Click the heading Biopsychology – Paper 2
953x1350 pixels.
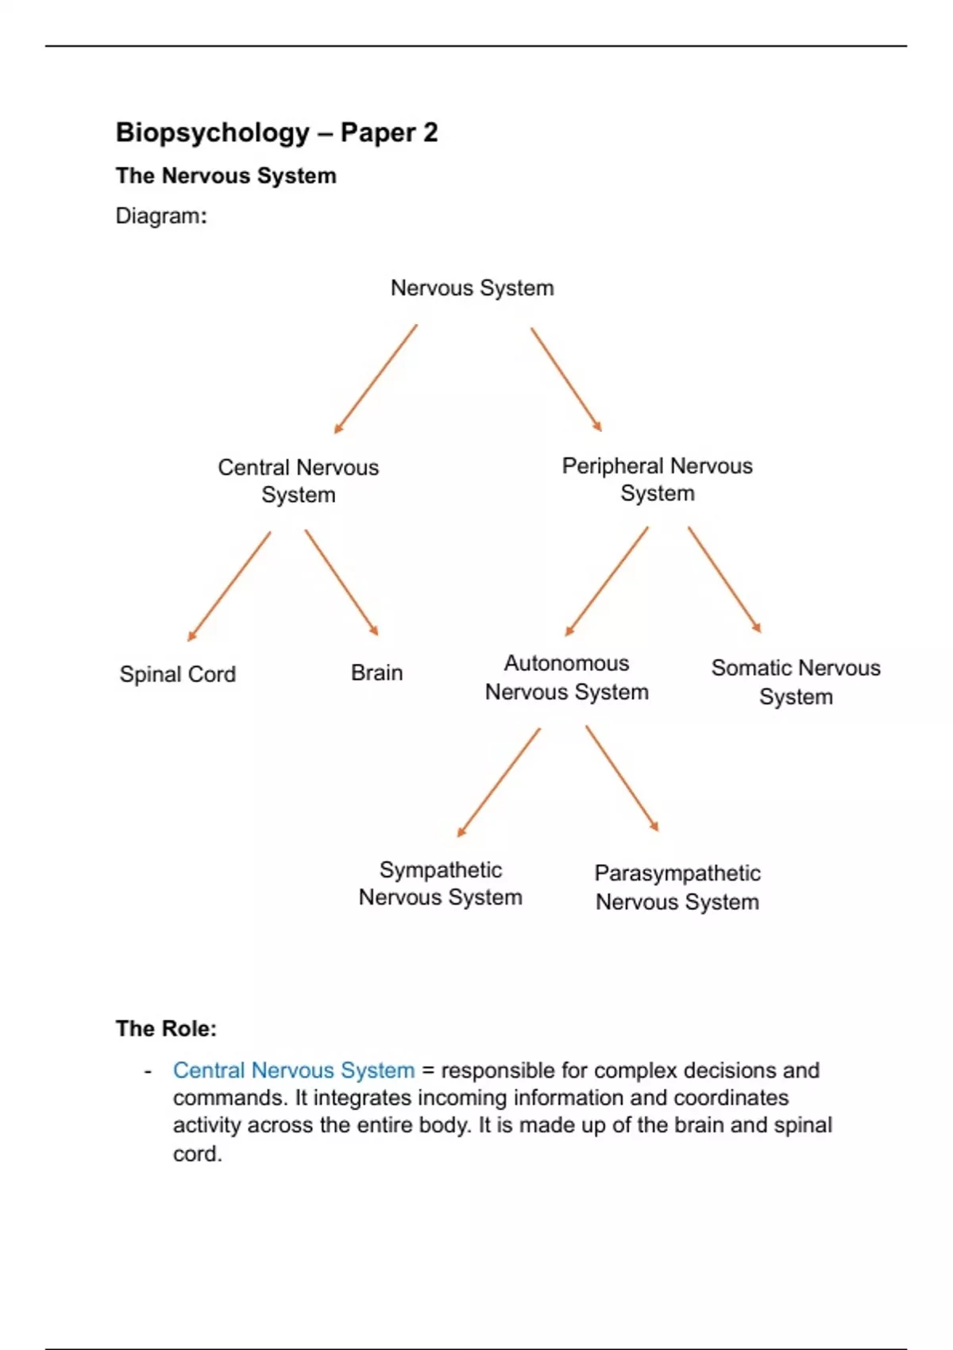tap(276, 133)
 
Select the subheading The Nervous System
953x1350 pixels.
tap(226, 175)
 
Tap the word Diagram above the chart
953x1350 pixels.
tap(160, 216)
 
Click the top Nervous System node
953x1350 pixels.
tap(472, 287)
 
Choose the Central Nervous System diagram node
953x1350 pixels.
tap(299, 480)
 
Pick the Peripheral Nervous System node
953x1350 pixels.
tap(657, 479)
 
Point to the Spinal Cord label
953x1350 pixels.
tap(177, 674)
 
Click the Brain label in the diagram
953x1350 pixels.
tap(376, 673)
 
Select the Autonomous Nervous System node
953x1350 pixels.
tap(566, 677)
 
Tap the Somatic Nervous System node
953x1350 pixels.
tap(796, 682)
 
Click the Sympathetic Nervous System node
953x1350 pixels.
tap(440, 883)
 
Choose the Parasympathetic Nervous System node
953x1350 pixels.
tap(677, 887)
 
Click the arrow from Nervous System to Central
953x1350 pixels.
tap(375, 379)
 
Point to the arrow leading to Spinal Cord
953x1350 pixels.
tap(229, 586)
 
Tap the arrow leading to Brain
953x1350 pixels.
tap(341, 583)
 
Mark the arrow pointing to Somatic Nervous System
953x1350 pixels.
tap(724, 579)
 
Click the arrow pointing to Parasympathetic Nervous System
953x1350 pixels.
tap(622, 779)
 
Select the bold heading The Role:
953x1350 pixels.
tap(166, 1028)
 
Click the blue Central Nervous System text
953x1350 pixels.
tap(294, 1070)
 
